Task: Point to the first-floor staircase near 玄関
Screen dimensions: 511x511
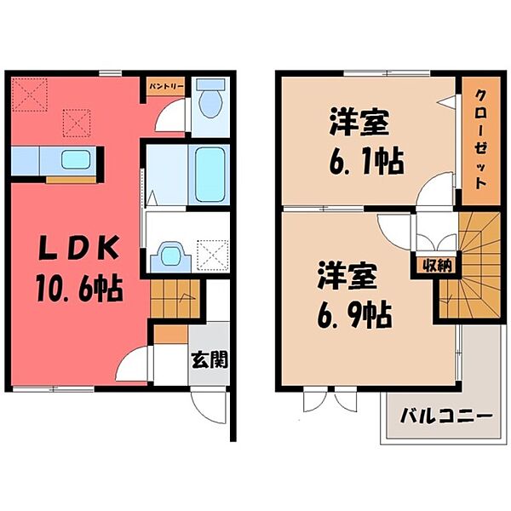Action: coord(174,300)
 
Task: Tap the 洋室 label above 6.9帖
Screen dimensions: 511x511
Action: coord(347,277)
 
